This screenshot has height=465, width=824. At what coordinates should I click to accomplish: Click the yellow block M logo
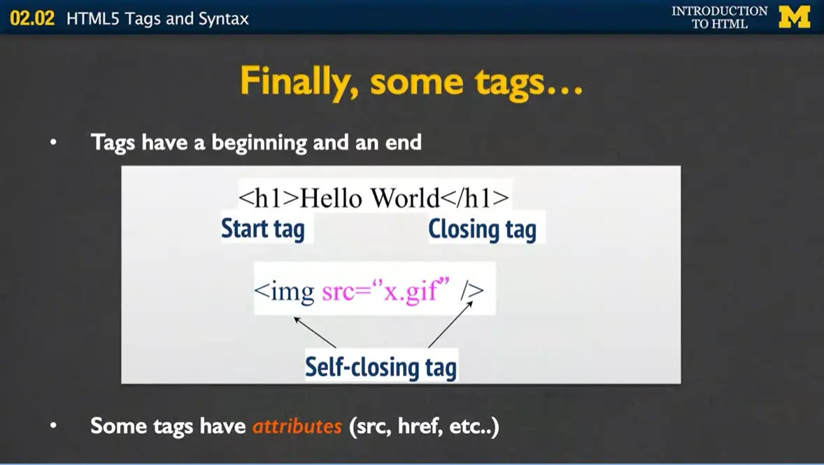point(795,17)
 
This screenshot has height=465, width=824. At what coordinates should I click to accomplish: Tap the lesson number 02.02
point(32,19)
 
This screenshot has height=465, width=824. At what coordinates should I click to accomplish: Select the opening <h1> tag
point(269,198)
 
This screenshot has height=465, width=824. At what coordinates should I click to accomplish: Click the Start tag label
point(263,229)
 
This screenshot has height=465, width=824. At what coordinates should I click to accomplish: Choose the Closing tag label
point(482,229)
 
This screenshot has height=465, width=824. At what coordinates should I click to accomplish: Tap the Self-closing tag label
point(381,366)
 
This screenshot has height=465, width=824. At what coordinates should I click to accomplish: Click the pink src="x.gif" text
point(384,290)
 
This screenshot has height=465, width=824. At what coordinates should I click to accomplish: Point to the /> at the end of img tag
point(472,290)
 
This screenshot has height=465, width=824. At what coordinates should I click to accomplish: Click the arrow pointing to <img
point(315,332)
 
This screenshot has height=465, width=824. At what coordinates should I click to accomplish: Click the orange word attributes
point(297,426)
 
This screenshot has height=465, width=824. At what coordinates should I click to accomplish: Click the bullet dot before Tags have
point(53,143)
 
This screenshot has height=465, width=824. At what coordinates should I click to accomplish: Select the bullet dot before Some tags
point(53,426)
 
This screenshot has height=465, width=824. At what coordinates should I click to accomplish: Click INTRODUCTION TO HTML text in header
point(719,17)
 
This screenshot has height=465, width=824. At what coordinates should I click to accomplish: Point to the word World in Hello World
point(404,198)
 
